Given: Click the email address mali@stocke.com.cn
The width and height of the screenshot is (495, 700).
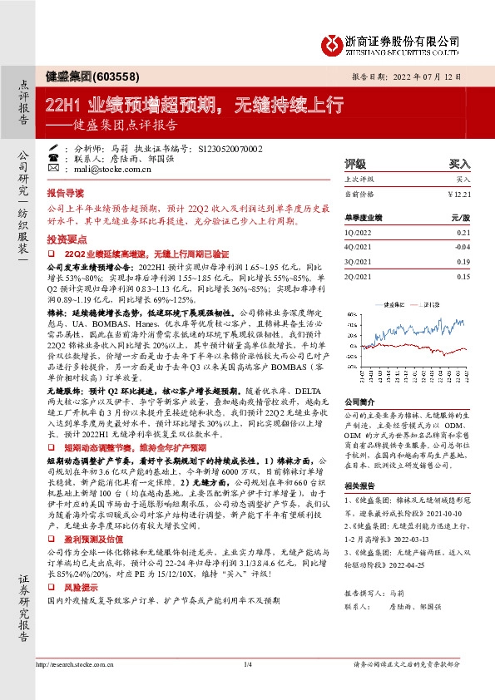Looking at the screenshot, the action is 101,167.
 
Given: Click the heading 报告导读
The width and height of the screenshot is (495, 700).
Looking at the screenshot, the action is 67,190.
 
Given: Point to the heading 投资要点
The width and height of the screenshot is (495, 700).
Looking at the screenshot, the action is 67,237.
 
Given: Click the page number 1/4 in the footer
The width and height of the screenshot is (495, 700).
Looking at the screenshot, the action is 247,687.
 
